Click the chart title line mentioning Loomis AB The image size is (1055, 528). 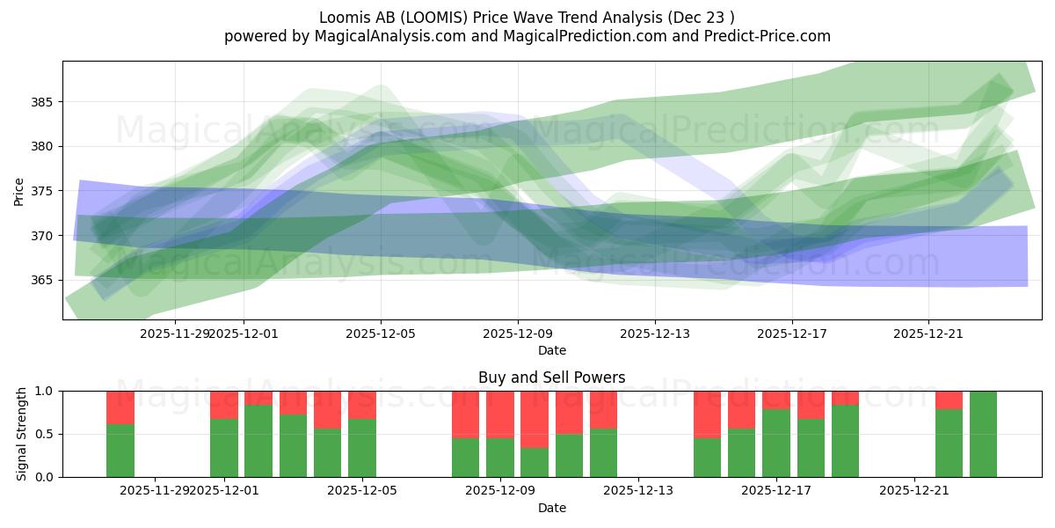527,17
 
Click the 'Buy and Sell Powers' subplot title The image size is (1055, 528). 551,378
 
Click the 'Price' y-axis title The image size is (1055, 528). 19,191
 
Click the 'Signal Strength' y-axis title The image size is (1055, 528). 22,434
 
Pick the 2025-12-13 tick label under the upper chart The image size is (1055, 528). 654,334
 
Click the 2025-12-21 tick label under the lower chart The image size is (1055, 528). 914,491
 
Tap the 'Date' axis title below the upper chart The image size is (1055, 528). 551,350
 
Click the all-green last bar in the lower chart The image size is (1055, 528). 983,434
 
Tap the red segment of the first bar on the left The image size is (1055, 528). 120,407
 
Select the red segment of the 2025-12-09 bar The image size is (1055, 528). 500,414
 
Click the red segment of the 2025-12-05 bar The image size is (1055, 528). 362,405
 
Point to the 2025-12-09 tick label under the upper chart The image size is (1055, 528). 517,334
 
